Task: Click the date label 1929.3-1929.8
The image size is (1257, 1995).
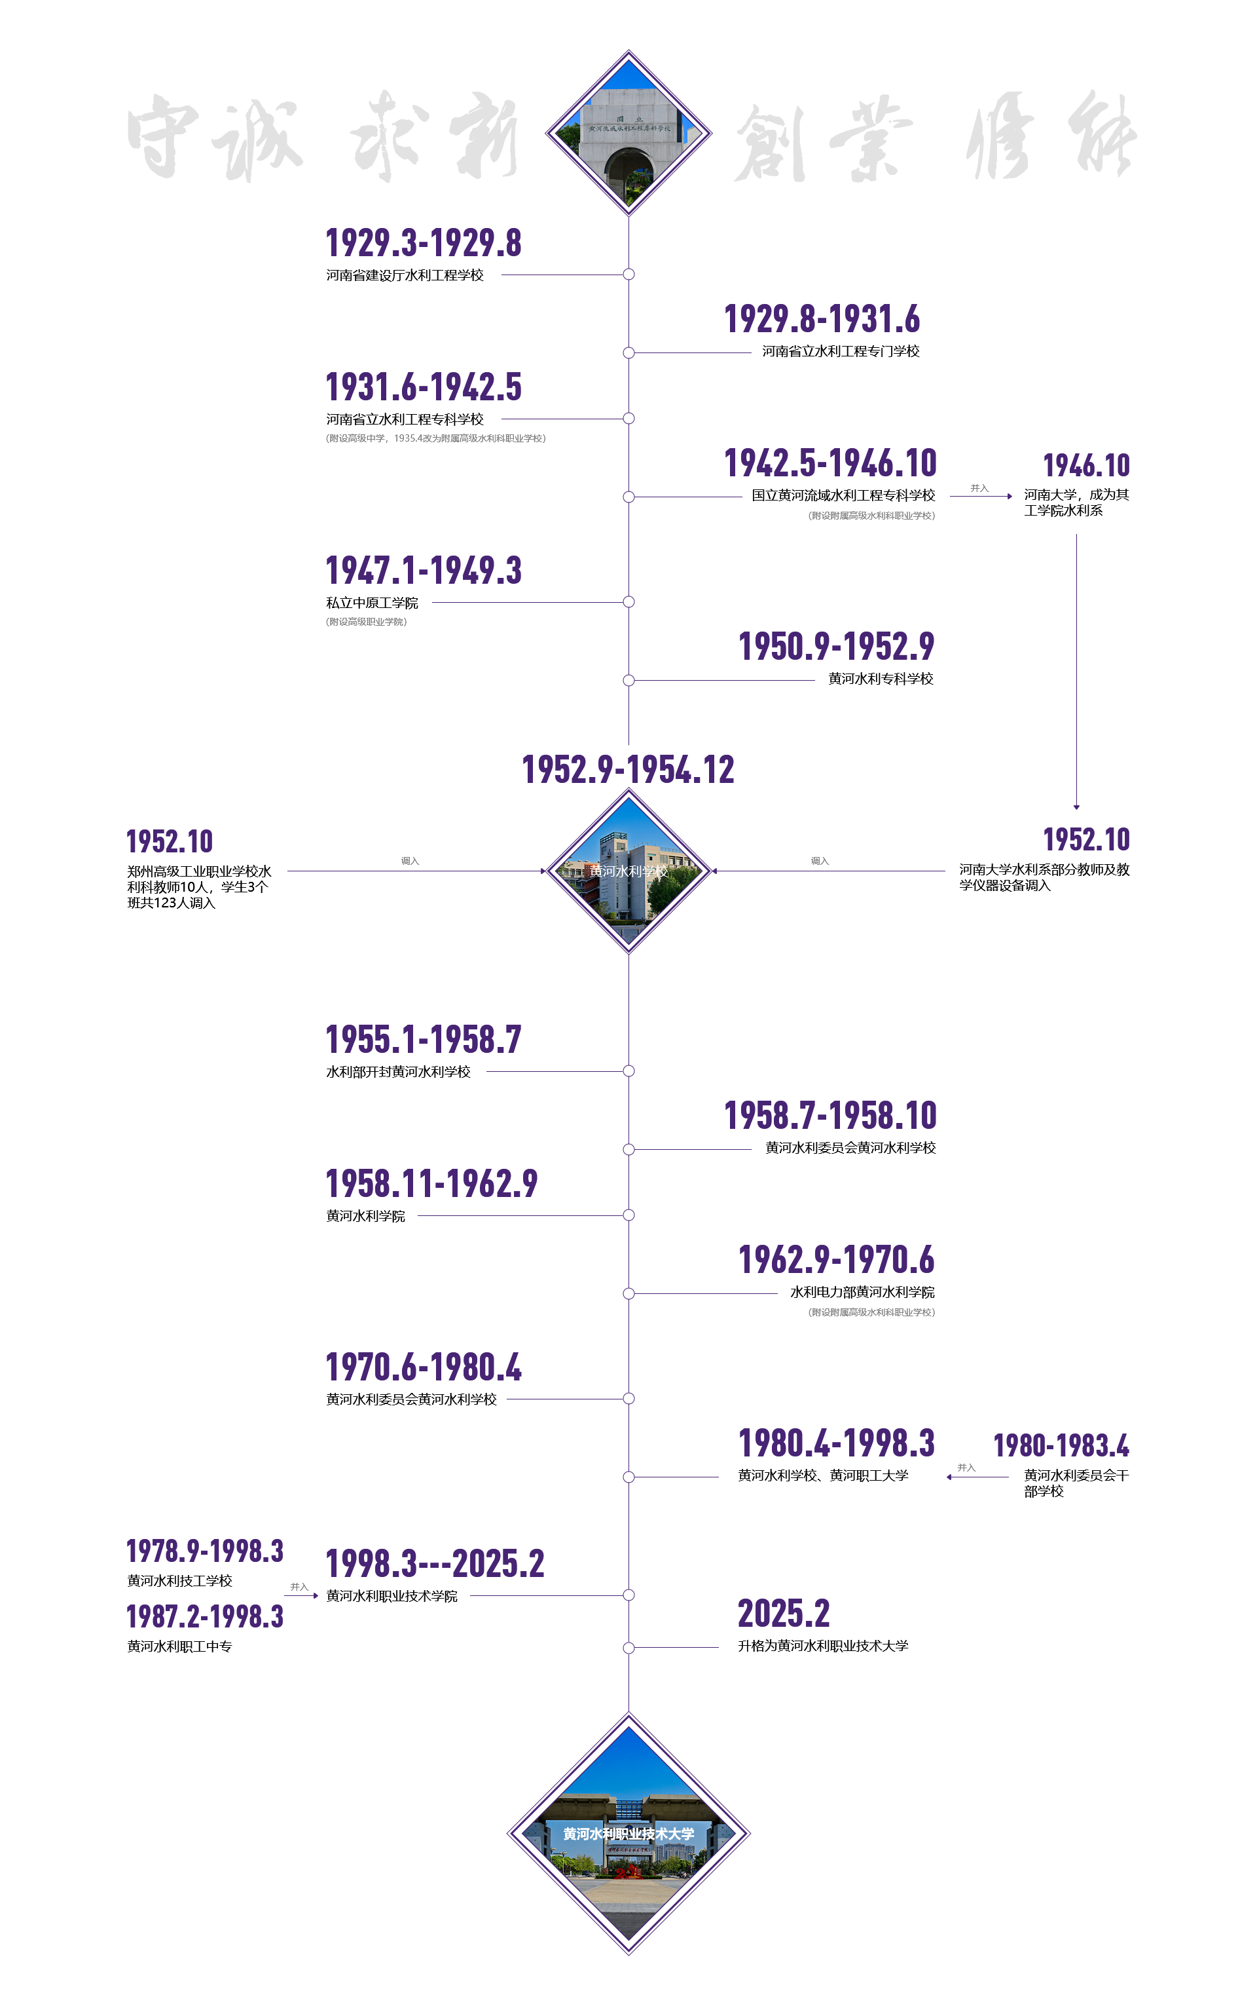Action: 423,243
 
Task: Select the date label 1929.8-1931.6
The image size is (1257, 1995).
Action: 822,318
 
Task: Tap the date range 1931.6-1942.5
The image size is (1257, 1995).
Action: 423,387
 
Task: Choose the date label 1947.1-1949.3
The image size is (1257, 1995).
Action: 423,570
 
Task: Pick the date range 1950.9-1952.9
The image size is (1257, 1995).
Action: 836,646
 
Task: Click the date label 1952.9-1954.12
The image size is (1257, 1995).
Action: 628,769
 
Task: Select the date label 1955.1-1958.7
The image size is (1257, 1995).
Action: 423,1039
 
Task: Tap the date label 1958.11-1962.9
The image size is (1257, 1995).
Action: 431,1183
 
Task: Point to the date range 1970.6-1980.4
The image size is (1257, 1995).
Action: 423,1367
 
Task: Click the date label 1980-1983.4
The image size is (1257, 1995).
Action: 1061,1445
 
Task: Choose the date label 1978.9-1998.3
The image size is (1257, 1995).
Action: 204,1550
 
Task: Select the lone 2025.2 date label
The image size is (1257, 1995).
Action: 784,1613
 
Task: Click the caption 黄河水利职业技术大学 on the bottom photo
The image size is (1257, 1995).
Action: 628,1833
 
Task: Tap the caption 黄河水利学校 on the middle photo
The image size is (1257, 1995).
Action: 628,871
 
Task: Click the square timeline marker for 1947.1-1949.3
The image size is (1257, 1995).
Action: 628,601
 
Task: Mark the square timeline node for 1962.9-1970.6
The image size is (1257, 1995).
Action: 628,1293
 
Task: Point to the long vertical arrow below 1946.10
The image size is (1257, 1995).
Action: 1076,671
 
